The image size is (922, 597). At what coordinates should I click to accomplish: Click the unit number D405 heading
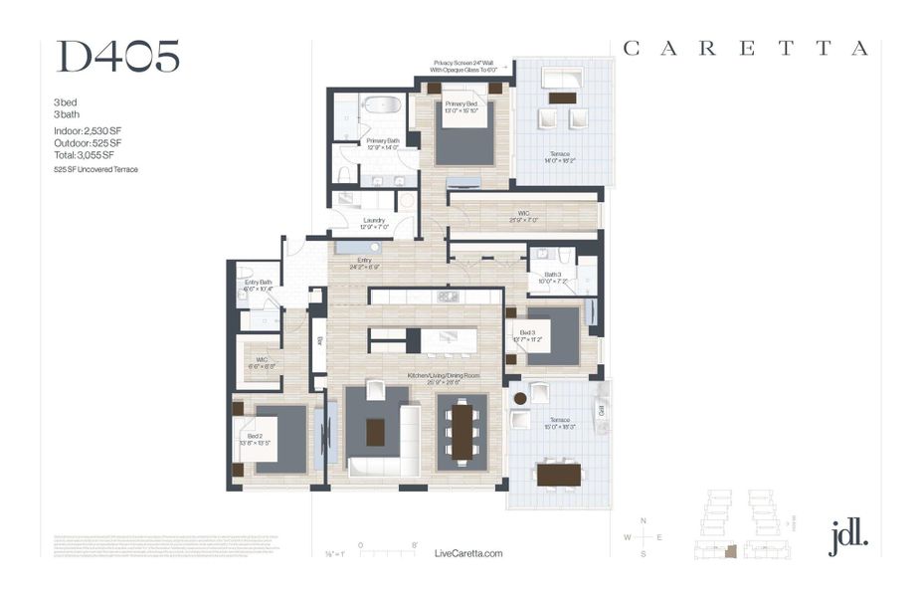pos(117,58)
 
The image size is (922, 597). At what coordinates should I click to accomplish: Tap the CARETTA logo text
pos(746,48)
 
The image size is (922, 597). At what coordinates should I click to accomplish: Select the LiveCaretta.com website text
pos(469,554)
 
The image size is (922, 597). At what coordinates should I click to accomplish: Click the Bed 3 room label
pos(523,335)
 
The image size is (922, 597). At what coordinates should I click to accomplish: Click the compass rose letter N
pos(644,521)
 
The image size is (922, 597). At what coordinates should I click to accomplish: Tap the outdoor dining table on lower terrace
pos(558,475)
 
